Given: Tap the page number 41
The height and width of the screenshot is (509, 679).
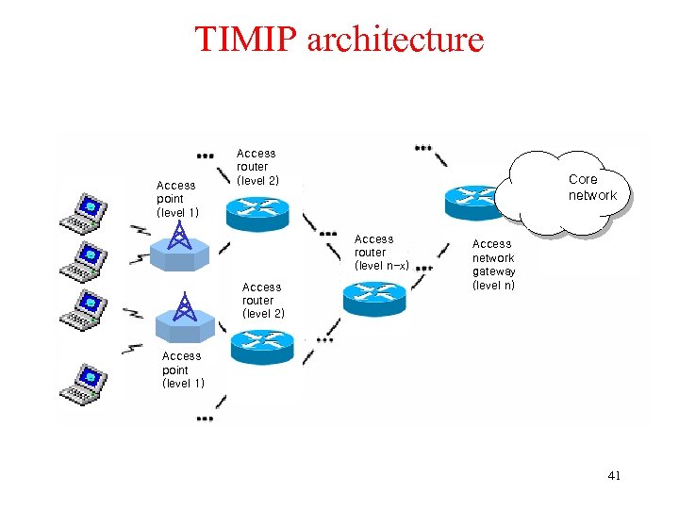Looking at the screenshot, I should click(x=614, y=476).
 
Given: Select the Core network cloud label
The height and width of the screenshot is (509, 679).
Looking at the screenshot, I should click(x=591, y=188).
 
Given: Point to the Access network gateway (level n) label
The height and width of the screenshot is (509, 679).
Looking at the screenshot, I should click(x=493, y=264).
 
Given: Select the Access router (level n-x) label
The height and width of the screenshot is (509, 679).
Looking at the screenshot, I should click(x=380, y=253).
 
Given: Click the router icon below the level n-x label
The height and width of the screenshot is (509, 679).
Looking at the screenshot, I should click(x=374, y=298).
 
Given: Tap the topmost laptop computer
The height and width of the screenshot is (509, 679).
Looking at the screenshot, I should click(x=83, y=213).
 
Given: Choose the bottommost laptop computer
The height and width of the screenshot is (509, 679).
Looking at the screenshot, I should click(x=83, y=385).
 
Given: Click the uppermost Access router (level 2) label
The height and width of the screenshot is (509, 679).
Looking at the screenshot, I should click(x=257, y=166).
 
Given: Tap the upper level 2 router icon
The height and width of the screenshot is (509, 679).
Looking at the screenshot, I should click(x=259, y=213).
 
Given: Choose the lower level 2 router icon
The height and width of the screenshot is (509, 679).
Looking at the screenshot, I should click(x=261, y=346).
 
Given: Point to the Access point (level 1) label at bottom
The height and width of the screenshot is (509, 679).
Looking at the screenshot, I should click(x=182, y=369).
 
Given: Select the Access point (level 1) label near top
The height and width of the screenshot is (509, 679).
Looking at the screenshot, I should click(x=176, y=199).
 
